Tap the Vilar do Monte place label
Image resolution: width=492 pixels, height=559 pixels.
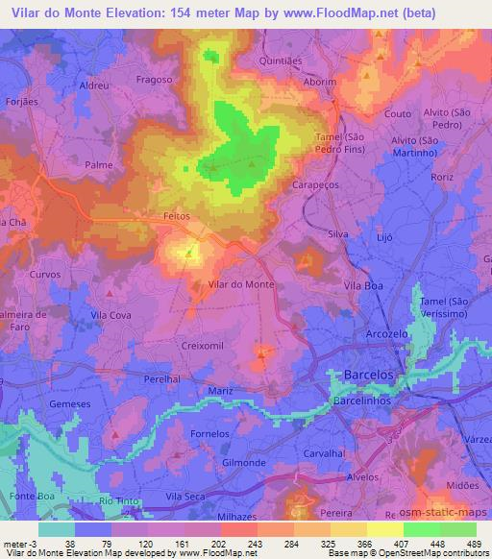[x=242, y=285]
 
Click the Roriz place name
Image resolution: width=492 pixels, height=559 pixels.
[x=468, y=178]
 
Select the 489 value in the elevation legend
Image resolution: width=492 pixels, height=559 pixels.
[x=468, y=544]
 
